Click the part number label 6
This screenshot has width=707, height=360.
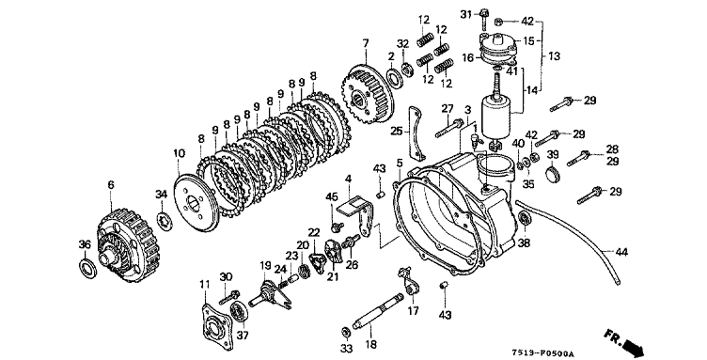(111, 184)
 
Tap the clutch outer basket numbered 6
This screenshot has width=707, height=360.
(129, 245)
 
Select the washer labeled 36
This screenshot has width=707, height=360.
(88, 269)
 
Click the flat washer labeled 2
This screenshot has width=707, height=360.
(394, 77)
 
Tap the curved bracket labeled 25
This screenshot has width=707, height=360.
(416, 133)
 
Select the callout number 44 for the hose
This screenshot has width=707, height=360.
(621, 252)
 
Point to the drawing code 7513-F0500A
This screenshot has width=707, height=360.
(538, 352)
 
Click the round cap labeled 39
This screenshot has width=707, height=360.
(553, 175)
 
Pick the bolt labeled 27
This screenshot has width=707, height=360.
(449, 128)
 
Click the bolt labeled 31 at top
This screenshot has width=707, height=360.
(485, 18)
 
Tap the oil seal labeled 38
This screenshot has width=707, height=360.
(525, 219)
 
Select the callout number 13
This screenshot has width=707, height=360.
(554, 56)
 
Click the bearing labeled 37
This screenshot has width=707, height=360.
(238, 311)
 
